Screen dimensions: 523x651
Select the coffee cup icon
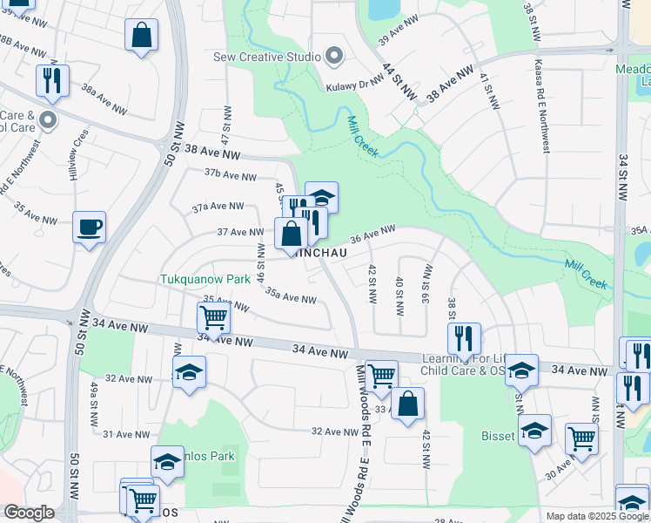coord(90,228)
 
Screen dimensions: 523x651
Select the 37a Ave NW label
coord(218,207)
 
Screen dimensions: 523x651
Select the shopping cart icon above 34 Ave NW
coord(214,319)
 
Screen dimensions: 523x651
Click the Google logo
coord(29,513)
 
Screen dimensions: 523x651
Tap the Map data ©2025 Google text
coord(595,516)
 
